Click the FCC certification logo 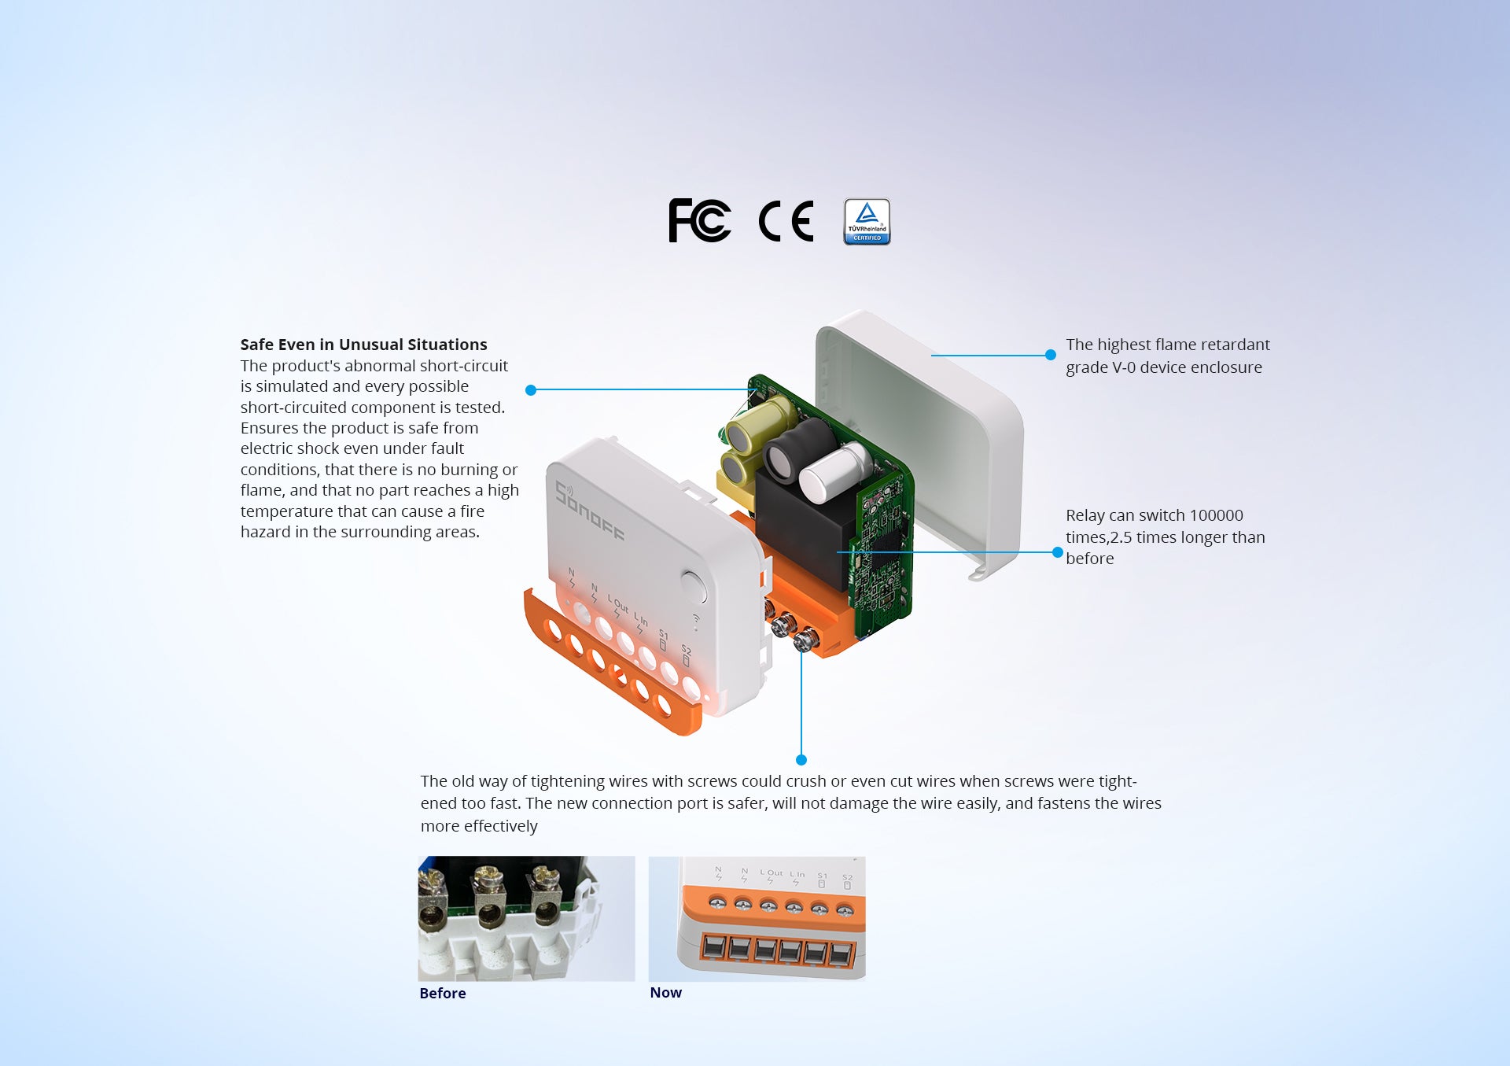pos(699,220)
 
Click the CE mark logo pos(786,221)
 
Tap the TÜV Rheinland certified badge pos(867,221)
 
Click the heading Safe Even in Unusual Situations pos(363,345)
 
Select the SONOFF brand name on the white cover pos(590,511)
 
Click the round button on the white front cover pos(693,587)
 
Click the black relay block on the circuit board pos(802,527)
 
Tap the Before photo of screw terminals pos(526,918)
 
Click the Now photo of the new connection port pos(757,918)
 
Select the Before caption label pos(443,994)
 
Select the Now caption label pos(666,993)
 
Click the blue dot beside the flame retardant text pos(1050,355)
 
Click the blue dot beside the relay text pos(1058,552)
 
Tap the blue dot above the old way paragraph pos(801,760)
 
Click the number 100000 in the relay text pos(1216,515)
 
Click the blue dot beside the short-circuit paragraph pos(531,390)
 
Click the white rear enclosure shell pos(920,441)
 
